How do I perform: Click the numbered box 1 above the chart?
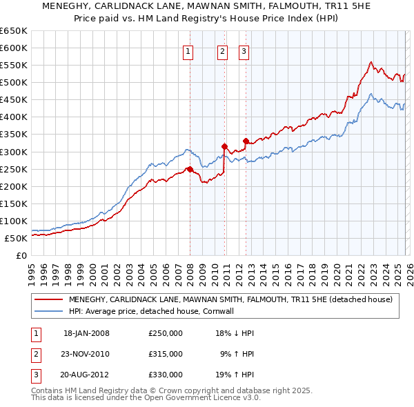[x=188, y=50]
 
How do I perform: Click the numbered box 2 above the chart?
[x=223, y=50]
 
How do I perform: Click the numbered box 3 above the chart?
[x=244, y=50]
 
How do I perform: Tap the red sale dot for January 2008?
[x=190, y=169]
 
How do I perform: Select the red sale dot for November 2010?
[x=224, y=146]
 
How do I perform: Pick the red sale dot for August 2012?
[x=246, y=141]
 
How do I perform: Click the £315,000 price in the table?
[x=166, y=354]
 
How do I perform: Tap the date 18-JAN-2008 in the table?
[x=86, y=333]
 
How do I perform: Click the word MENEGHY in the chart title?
[x=68, y=8]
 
